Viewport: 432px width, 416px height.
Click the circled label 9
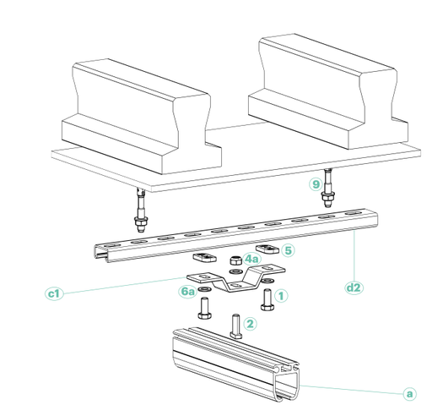pyautogui.click(x=316, y=183)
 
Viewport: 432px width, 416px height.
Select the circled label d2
pyautogui.click(x=354, y=287)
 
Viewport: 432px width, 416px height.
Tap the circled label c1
pyautogui.click(x=54, y=293)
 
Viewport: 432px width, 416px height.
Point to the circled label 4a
pyautogui.click(x=252, y=260)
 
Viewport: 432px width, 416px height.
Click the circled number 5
pyautogui.click(x=288, y=250)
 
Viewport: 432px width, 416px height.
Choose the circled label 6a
pyautogui.click(x=188, y=291)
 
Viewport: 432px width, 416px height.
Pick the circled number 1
pyautogui.click(x=282, y=296)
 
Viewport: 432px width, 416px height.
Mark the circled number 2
pyautogui.click(x=250, y=323)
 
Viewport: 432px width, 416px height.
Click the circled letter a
pyautogui.click(x=409, y=393)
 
